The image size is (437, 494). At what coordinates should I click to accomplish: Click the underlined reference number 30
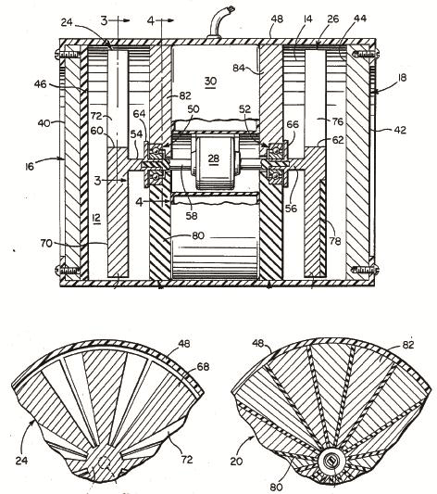pos(210,82)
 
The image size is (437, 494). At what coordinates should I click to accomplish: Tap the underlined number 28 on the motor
pos(214,158)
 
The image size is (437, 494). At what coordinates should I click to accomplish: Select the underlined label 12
pos(96,218)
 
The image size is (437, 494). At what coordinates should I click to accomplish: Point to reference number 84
pos(239,68)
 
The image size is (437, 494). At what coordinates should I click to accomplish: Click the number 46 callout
pos(40,84)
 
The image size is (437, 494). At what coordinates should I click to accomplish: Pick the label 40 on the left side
pos(44,123)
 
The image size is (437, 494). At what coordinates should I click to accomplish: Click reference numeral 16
pos(30,166)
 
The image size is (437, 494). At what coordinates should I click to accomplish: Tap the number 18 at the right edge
pos(402,78)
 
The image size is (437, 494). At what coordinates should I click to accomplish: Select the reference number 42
pos(400,130)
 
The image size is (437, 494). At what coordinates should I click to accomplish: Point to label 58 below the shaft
pos(192,216)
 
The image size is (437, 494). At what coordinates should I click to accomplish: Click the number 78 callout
pos(335,241)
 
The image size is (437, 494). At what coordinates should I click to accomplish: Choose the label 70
pos(46,243)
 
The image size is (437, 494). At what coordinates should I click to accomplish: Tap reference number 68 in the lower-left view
pos(203,367)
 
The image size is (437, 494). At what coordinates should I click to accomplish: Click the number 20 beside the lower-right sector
pos(236,462)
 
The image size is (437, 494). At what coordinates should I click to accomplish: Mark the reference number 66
pos(293,124)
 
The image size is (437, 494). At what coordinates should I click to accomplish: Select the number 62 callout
pos(338,140)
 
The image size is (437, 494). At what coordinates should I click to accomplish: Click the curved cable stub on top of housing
pos(219,22)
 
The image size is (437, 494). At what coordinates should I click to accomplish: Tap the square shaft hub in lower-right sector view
pos(331,462)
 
